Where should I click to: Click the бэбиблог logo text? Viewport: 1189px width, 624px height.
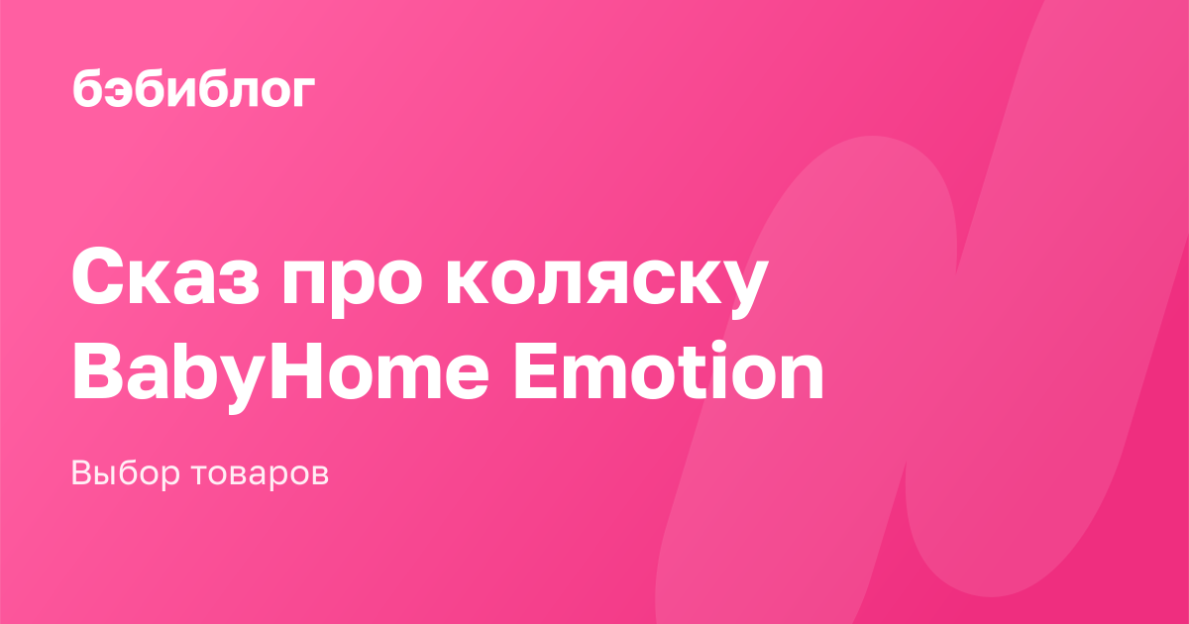tap(194, 88)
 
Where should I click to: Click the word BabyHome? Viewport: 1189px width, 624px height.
tap(280, 371)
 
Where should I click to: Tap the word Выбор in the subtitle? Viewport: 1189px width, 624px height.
tap(126, 473)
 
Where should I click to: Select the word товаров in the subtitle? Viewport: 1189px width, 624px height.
tap(260, 473)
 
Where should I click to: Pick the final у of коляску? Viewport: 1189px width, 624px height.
tap(742, 289)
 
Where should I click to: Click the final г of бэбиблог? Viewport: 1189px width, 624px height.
tap(303, 92)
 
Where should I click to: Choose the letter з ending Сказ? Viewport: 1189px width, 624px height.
tap(238, 285)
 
